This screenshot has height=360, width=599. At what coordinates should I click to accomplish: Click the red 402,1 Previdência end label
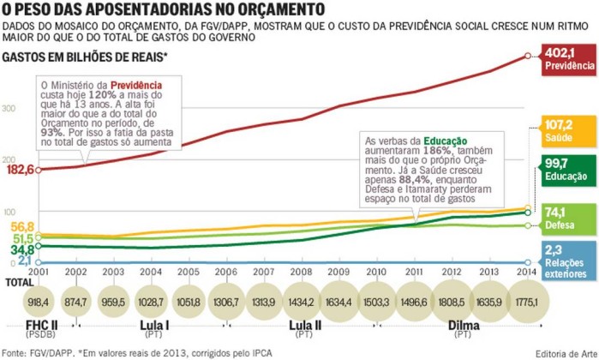tap(569, 59)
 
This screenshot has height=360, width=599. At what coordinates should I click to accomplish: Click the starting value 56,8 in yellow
tap(22, 226)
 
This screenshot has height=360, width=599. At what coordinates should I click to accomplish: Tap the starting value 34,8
tap(22, 249)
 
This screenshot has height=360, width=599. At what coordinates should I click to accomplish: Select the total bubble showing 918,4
tap(39, 302)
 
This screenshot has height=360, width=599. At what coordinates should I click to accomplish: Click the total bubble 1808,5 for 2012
tap(452, 302)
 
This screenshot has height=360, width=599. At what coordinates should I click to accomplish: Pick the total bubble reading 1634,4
tap(339, 302)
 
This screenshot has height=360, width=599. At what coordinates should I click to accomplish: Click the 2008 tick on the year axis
tap(302, 272)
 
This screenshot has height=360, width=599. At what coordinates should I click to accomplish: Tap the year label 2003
tap(113, 272)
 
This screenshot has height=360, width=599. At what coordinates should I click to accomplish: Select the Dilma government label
tap(464, 326)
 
